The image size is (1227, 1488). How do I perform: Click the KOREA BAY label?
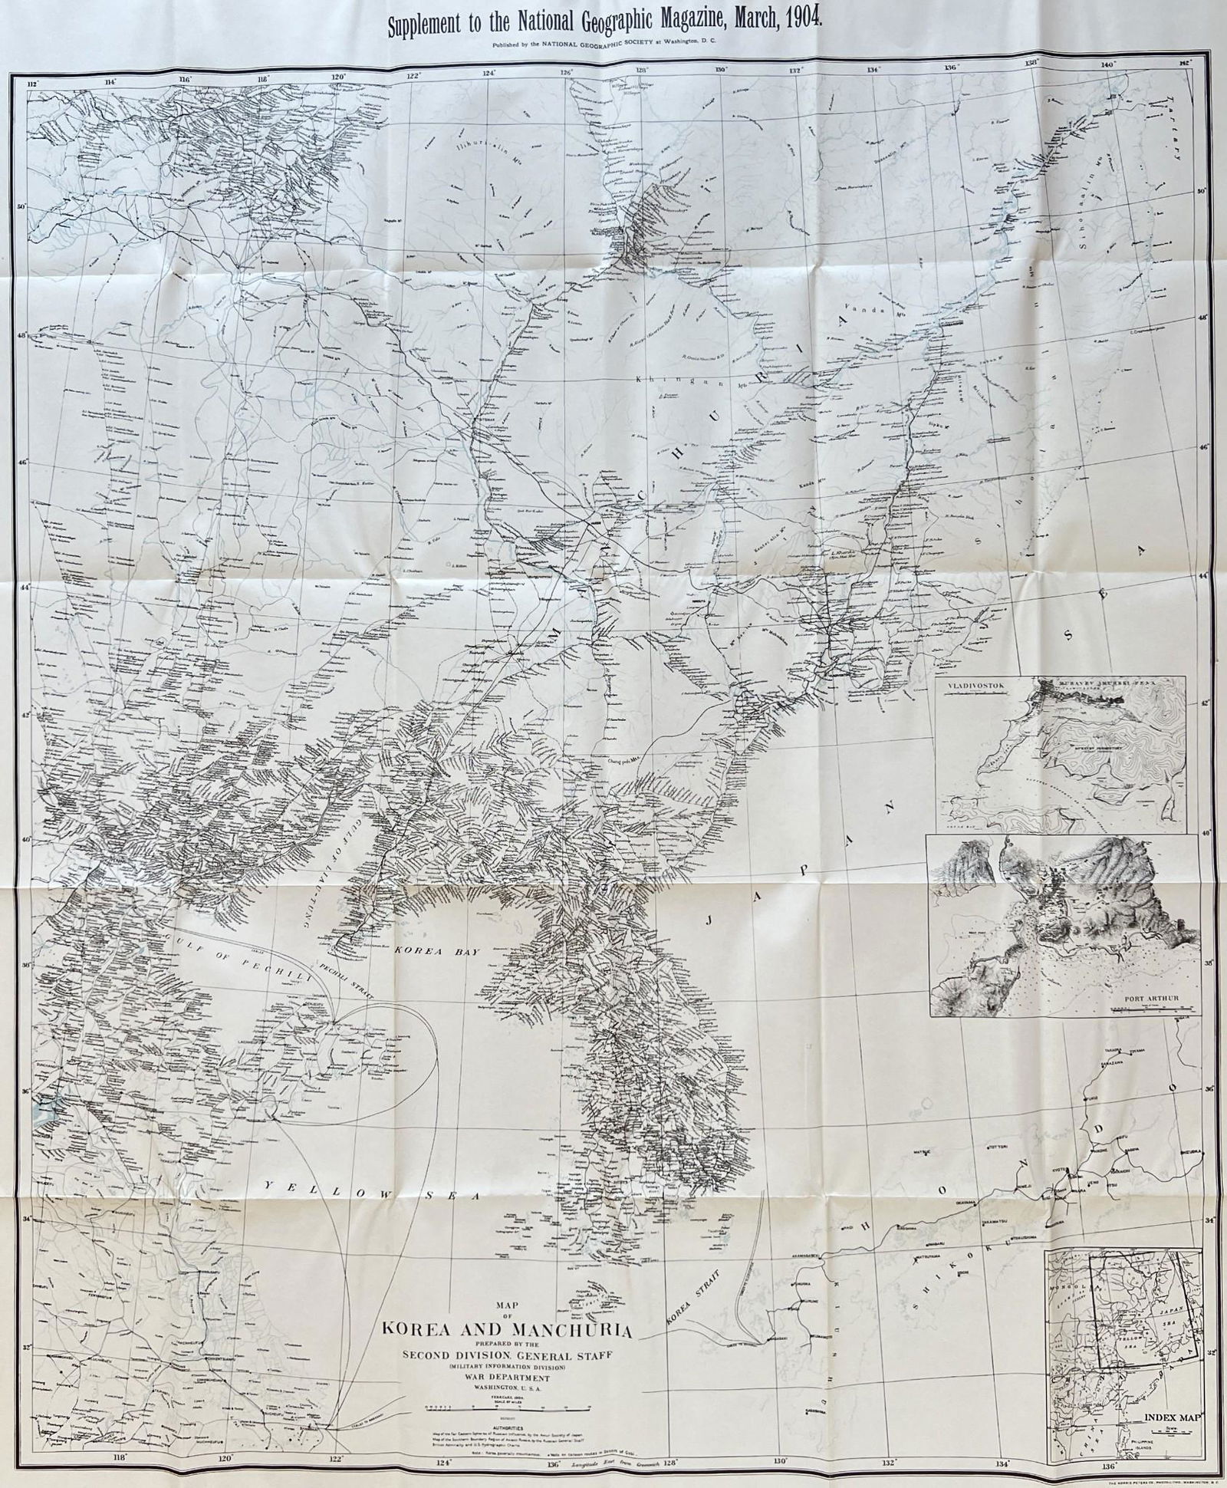(436, 951)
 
